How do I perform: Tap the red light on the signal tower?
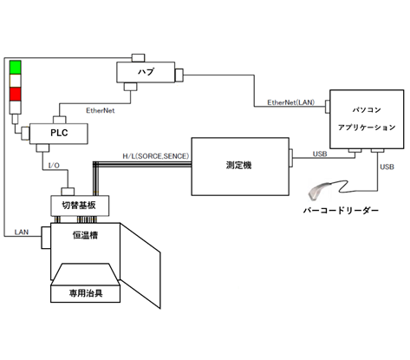[15, 93]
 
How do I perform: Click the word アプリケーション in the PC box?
[365, 127]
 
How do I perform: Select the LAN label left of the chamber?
[24, 232]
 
